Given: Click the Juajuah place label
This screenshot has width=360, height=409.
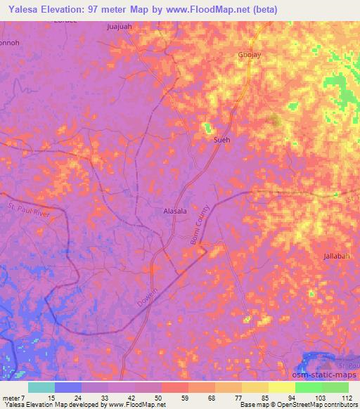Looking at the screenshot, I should click(x=119, y=27).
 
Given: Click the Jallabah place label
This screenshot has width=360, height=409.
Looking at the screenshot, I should click(x=337, y=256).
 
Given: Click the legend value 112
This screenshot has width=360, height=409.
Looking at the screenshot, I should click(x=347, y=398).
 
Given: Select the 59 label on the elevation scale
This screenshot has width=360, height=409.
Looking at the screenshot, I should click(x=175, y=398).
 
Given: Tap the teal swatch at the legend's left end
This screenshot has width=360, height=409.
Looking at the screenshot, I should click(x=41, y=387).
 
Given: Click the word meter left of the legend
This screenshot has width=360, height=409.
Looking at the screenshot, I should click(x=11, y=398).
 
